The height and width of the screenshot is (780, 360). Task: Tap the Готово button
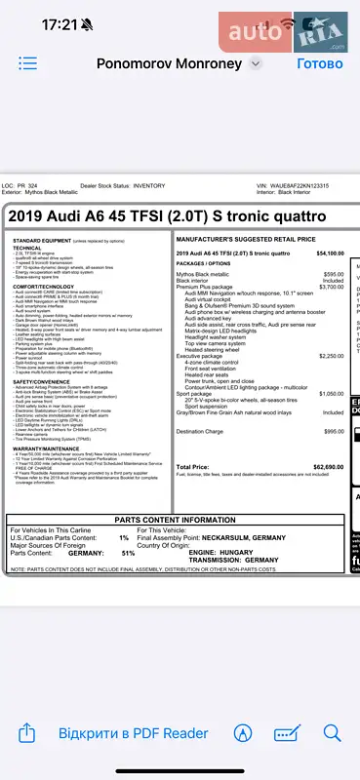pos(320,63)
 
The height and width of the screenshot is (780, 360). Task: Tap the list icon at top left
pos(27,63)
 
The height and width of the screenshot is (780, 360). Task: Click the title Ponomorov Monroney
pos(170,63)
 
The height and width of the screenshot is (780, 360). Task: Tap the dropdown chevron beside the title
pos(256,63)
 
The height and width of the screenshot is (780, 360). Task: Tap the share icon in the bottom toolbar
pos(27,733)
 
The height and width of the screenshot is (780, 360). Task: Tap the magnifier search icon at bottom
pos(332,733)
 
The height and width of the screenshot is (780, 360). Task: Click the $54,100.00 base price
pos(330,253)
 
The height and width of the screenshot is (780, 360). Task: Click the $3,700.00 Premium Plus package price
pos(332,288)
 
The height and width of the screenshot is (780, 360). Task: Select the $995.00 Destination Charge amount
pos(334,431)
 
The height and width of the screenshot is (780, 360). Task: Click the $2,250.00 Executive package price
pos(332,357)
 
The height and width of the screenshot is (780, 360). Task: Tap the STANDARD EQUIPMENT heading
pos(41,240)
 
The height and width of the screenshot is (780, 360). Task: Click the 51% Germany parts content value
pos(128,553)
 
